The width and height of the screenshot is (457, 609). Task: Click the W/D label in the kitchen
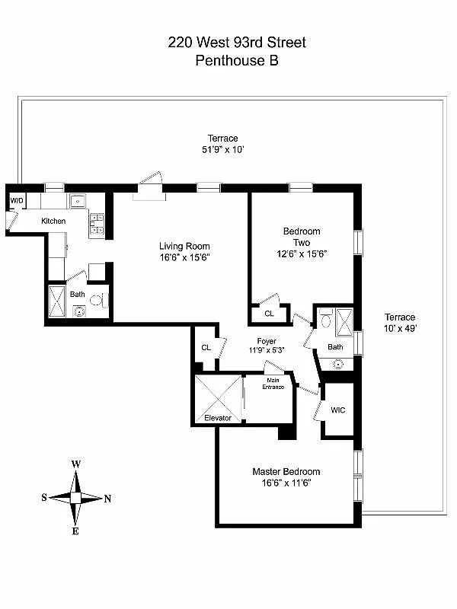point(16,200)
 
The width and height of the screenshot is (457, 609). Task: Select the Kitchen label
point(53,221)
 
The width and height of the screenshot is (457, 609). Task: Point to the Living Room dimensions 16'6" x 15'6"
point(184,257)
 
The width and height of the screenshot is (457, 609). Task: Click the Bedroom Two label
point(302,237)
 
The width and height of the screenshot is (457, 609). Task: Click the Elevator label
point(217,418)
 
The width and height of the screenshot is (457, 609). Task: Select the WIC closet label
point(337,410)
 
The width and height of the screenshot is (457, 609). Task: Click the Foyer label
point(266,341)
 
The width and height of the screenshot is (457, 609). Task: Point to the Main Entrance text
point(273,384)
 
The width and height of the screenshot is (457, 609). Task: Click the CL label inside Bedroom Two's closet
point(269,314)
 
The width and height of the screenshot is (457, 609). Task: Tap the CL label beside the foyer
point(206,347)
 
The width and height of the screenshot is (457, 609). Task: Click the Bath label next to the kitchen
point(78,294)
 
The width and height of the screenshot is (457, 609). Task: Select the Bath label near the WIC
point(335,347)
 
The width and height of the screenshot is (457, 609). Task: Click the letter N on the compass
point(107,499)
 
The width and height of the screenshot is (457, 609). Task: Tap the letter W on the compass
point(76,464)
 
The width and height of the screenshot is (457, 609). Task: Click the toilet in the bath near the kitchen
point(95,301)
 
